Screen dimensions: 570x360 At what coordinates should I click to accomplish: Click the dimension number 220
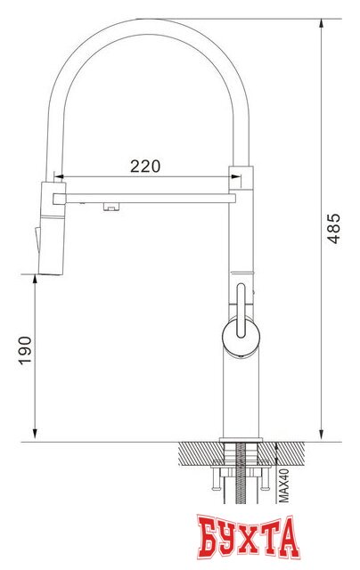click(x=145, y=166)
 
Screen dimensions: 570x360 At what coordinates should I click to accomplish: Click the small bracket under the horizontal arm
click(x=110, y=208)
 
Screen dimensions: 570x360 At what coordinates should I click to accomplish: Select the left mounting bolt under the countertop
click(x=214, y=481)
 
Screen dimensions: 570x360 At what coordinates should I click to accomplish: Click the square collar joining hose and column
click(x=241, y=175)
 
